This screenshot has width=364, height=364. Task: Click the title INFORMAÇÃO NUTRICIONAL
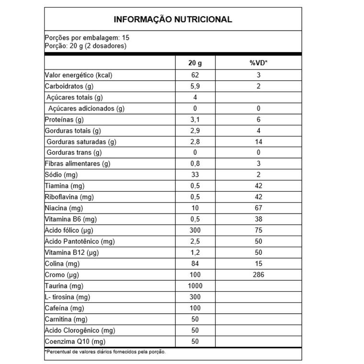pyautogui.click(x=173, y=20)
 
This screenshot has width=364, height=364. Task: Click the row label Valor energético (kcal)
pyautogui.click(x=79, y=75)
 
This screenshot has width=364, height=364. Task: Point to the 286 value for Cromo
pyautogui.click(x=259, y=275)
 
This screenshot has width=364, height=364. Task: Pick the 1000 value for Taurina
pyautogui.click(x=195, y=286)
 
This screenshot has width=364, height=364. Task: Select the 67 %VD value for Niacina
pyautogui.click(x=259, y=208)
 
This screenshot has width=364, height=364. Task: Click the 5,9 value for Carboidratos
pyautogui.click(x=195, y=86)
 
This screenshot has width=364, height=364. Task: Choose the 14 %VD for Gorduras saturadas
pyautogui.click(x=259, y=142)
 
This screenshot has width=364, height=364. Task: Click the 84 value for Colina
pyautogui.click(x=195, y=264)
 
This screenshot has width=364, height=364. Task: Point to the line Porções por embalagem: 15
pyautogui.click(x=87, y=38)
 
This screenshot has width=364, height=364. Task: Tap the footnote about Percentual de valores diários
pyautogui.click(x=105, y=352)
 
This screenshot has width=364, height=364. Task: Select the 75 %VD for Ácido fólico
pyautogui.click(x=259, y=230)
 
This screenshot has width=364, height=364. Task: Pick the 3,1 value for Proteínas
pyautogui.click(x=195, y=120)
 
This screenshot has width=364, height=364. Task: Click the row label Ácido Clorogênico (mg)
pyautogui.click(x=80, y=330)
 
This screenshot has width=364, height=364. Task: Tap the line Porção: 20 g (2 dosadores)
pyautogui.click(x=85, y=46)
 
